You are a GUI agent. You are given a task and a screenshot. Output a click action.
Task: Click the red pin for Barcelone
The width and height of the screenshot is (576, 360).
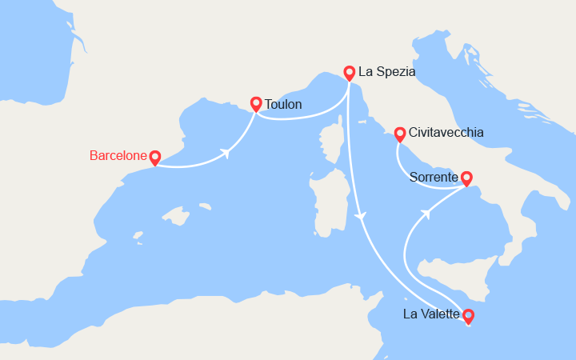154,158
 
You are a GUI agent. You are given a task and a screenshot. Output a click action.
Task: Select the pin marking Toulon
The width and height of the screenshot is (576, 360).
256,103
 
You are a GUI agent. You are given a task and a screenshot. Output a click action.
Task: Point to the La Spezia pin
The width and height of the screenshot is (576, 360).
350,72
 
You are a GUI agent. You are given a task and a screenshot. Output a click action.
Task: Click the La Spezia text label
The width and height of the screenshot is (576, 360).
386,72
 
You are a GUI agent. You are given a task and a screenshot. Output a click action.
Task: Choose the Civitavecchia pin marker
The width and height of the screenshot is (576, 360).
399,133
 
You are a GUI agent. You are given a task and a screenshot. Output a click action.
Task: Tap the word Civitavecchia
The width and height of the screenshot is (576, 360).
446,133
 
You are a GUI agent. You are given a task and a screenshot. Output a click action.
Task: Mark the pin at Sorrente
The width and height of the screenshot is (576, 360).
466,178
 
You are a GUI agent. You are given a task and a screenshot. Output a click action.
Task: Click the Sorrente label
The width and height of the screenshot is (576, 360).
434,178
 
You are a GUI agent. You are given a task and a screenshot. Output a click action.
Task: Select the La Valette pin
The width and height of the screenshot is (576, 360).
468,315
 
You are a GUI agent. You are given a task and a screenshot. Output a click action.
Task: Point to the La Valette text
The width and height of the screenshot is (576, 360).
431,314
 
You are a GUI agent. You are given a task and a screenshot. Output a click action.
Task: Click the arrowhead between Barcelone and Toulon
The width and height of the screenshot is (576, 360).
227,153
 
